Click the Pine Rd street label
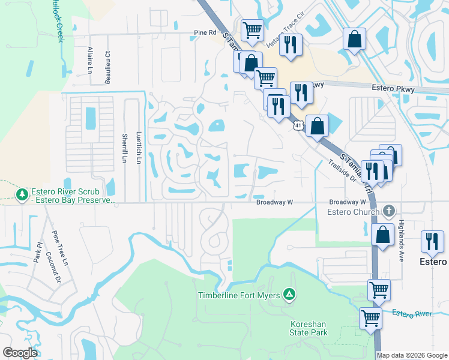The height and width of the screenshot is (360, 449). (205, 32)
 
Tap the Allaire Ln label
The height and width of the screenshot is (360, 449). (89, 60)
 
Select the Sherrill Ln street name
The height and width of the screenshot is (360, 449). (124, 148)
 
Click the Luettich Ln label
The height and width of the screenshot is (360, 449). (139, 148)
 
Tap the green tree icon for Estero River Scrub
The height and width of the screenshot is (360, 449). (22, 194)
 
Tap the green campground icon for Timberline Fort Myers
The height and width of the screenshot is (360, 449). (289, 294)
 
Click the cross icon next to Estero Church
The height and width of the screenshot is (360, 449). (389, 211)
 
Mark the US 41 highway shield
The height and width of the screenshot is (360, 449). (298, 125)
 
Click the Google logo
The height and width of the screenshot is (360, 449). (20, 353)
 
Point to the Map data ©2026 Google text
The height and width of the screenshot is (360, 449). (412, 355)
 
